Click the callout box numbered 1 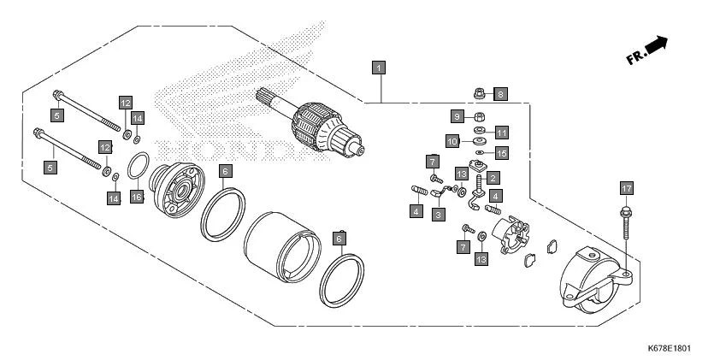378,66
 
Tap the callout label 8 500,93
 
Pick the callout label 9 457,116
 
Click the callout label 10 453,140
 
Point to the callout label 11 501,133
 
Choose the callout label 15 501,153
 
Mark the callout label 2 492,178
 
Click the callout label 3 438,215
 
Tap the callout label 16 136,197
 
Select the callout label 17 626,187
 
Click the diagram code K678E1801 669,349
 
